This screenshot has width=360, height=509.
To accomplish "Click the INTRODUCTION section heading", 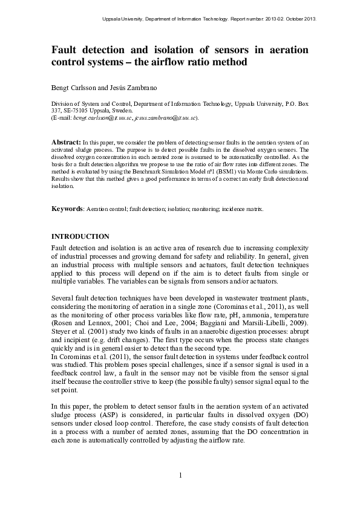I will tap(80, 236).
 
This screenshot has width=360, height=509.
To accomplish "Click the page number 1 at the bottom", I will tap(180, 475).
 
